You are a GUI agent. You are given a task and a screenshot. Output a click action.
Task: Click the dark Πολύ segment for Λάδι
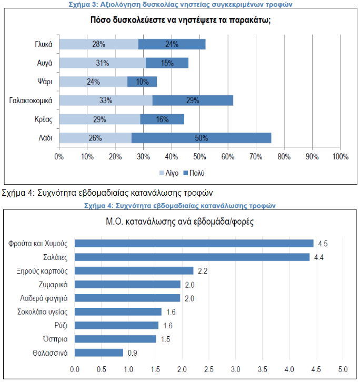point(201,138)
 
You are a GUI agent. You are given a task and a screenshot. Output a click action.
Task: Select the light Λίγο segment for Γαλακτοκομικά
point(106,100)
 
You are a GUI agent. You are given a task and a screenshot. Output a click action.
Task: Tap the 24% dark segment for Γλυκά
point(172,44)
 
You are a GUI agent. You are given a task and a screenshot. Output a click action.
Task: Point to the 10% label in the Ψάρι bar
point(142,82)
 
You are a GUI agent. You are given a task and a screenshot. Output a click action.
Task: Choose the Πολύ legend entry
point(195,173)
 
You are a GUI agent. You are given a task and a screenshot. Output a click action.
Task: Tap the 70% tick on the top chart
point(256,156)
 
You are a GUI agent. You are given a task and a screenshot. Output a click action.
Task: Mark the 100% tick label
point(340,156)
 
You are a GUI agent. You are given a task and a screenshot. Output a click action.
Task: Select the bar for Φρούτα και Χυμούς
point(194,243)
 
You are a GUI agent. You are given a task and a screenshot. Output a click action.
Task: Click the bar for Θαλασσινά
point(98,353)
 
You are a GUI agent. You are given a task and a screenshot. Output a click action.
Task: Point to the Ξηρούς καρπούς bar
point(134,270)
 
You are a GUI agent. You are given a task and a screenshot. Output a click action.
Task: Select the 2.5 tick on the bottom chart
point(209,368)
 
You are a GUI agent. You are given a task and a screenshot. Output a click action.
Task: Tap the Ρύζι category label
point(59,325)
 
